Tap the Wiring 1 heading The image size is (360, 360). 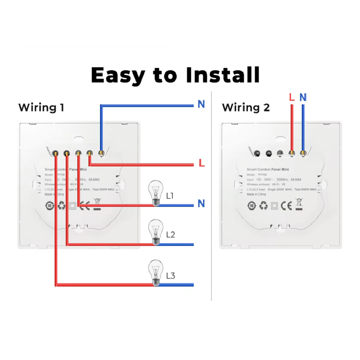click(41, 108)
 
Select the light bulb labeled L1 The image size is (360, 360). click(156, 193)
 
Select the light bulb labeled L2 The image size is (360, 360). click(156, 232)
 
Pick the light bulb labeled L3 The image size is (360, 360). click(156, 273)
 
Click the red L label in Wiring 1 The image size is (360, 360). click(202, 163)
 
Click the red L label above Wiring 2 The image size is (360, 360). click(292, 97)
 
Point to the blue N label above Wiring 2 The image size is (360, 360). click(303, 97)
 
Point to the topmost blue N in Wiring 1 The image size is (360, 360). click(201, 104)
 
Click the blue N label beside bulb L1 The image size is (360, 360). click(201, 204)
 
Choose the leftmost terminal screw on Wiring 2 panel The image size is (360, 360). click(257, 154)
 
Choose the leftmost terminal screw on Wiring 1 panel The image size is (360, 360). click(54, 153)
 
